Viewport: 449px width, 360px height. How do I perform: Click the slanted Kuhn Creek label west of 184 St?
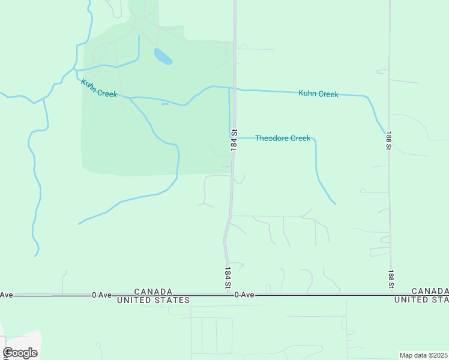click(x=99, y=88)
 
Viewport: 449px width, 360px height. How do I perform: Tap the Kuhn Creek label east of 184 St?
click(x=318, y=94)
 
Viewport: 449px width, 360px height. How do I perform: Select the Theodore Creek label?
click(x=283, y=138)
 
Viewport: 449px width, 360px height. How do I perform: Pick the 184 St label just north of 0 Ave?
click(x=228, y=278)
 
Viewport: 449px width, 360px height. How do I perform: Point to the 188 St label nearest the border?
click(x=391, y=278)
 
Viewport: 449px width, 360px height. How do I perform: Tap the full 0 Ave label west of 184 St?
click(x=102, y=295)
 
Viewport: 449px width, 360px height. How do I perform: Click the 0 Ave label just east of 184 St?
click(x=244, y=295)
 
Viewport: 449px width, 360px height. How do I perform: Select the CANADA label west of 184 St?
click(x=154, y=290)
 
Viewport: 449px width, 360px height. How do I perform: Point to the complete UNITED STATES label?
click(x=154, y=299)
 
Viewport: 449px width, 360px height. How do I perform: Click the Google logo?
click(x=20, y=353)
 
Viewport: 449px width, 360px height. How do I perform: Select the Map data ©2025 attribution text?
click(x=423, y=355)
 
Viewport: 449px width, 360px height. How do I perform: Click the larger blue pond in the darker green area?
click(x=163, y=56)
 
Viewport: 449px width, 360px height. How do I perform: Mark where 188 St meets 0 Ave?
click(x=391, y=294)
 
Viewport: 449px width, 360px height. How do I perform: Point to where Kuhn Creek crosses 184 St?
click(x=234, y=89)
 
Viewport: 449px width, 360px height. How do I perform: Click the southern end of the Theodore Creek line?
click(x=335, y=204)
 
